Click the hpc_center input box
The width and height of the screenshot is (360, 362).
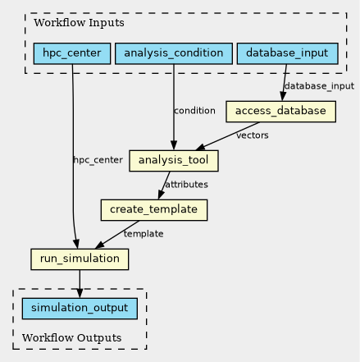pos(72,53)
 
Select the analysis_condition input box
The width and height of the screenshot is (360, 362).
pos(174,53)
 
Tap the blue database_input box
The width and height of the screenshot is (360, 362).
pos(288,53)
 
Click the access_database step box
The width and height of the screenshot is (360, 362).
pos(280,112)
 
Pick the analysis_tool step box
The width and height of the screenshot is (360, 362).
pos(174,161)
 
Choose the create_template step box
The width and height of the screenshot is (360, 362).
pos(154,210)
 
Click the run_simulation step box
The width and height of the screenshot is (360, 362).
pos(80,259)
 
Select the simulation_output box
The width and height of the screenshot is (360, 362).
pos(80,309)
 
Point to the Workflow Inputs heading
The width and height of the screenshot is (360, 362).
pos(79,23)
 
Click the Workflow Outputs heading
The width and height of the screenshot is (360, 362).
pos(72,338)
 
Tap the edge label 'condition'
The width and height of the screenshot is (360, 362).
pos(194,111)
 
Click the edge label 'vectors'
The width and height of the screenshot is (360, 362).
pos(253,135)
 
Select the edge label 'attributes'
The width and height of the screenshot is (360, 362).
pos(186,185)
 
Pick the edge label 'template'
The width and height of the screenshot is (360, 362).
pos(144,234)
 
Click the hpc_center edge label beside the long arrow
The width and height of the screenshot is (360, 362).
pos(98,160)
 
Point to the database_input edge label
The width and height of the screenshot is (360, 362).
pos(319,86)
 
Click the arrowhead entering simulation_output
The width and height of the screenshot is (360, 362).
pos(80,293)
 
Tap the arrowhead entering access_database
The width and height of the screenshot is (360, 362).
pos(283,97)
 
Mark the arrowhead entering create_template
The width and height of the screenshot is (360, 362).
pos(161,195)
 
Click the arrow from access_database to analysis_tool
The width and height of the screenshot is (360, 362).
pos(227,136)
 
